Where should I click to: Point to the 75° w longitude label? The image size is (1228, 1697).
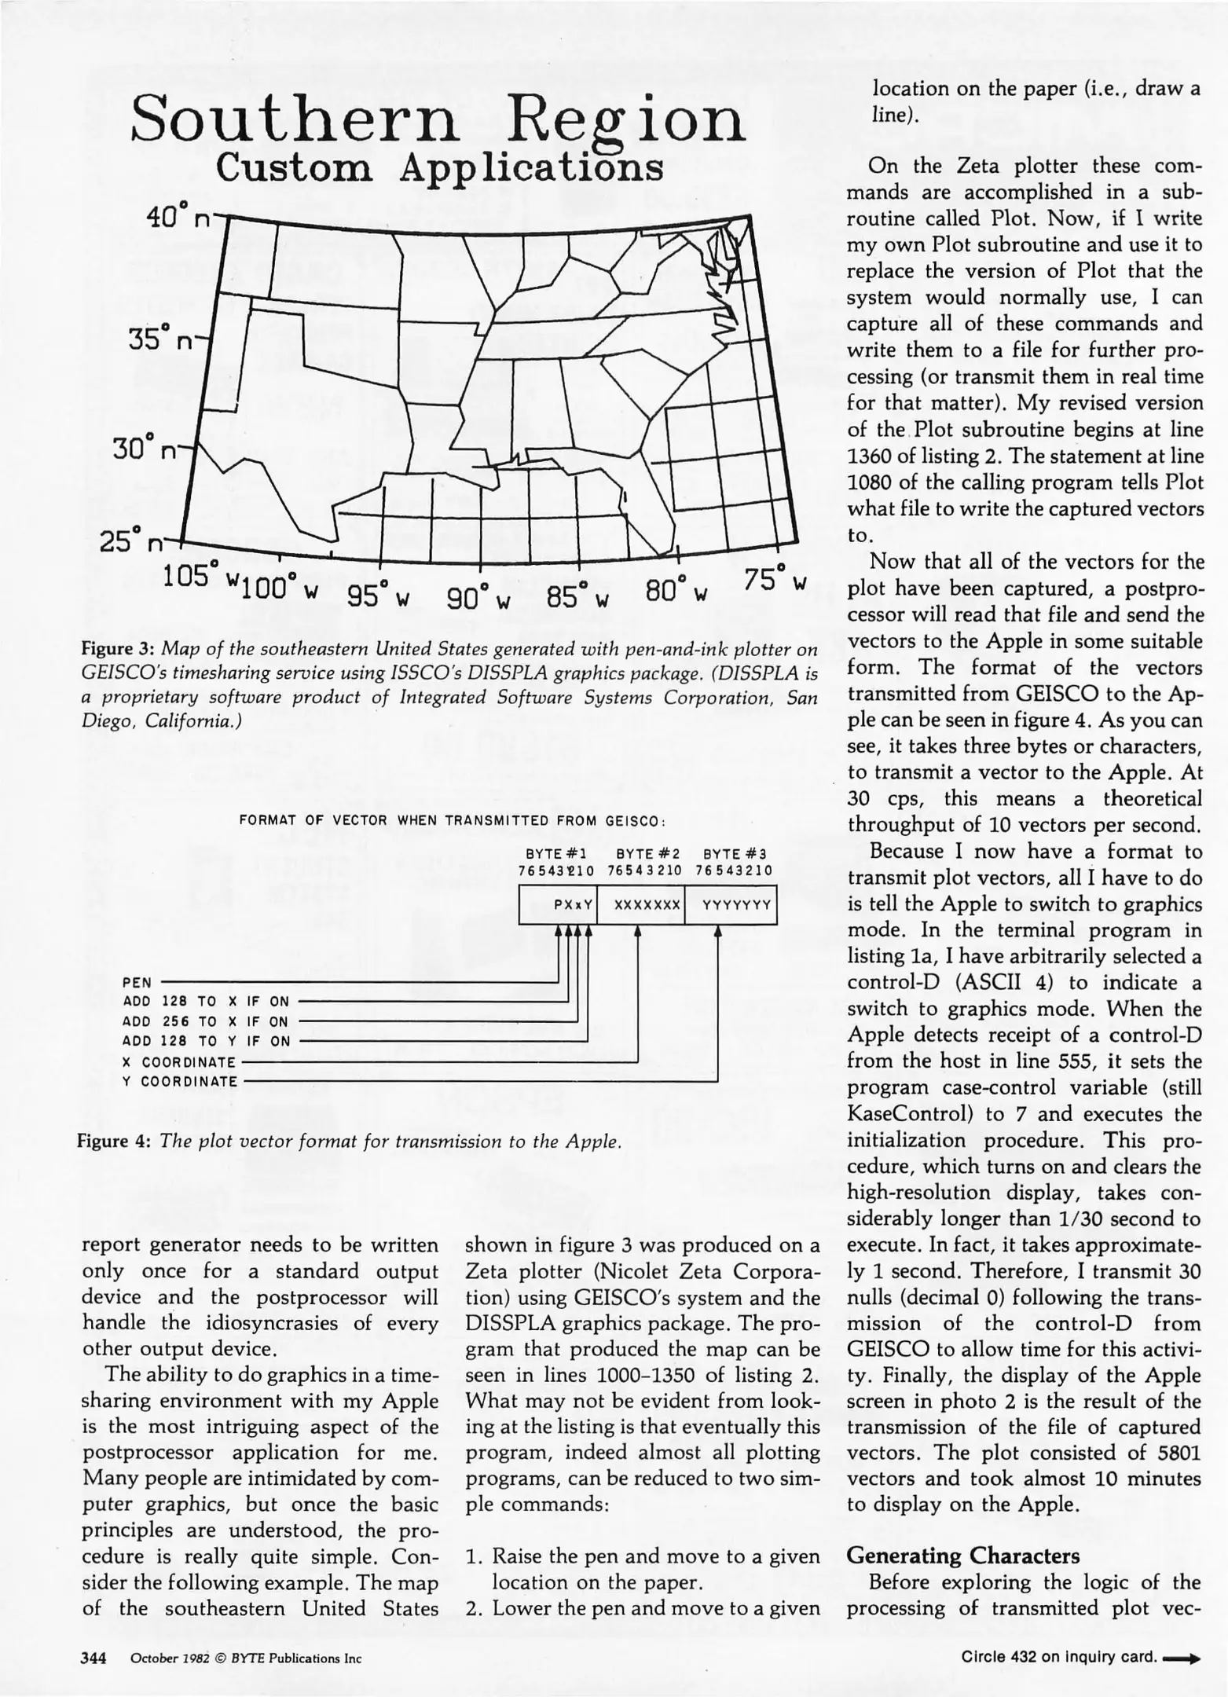775,581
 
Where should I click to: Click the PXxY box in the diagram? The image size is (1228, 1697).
573,904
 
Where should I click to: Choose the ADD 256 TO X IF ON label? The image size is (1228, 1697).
207,1021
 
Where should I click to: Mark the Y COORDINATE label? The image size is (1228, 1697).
180,1082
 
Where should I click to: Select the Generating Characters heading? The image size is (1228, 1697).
963,1556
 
